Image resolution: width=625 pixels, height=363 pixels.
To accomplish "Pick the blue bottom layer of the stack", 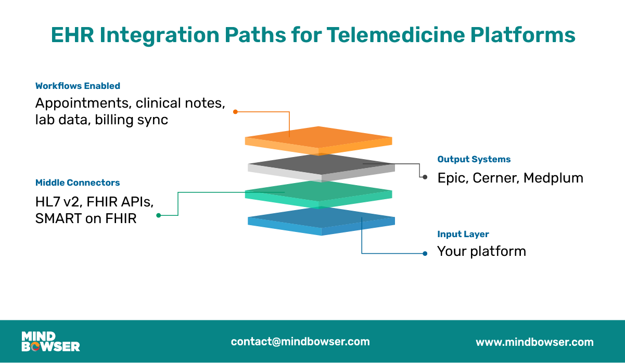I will (321, 221).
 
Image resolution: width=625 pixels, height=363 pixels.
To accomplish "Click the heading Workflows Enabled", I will (78, 86).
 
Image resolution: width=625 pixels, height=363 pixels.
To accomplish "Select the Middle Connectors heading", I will (78, 183).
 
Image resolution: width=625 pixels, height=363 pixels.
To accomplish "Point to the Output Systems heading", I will (474, 159).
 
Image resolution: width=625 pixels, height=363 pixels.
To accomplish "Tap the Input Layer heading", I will (463, 234).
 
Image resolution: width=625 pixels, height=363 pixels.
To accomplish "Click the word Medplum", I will (553, 178).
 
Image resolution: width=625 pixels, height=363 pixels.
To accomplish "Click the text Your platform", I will (481, 251).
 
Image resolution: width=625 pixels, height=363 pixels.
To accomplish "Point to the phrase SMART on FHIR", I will (86, 218).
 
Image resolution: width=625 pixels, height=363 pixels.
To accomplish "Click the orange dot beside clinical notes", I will (235, 111).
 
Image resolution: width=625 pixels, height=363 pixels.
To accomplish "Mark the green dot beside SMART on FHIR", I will (159, 215).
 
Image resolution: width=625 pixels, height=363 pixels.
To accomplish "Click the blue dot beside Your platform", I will (425, 253).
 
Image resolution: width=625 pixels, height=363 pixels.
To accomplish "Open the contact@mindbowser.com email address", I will (300, 342).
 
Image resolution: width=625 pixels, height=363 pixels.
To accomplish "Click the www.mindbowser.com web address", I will (534, 342).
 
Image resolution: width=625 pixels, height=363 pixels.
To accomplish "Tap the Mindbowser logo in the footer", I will (50, 342).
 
